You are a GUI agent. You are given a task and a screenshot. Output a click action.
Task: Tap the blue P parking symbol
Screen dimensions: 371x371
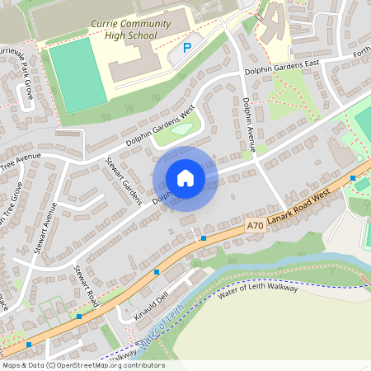click(186, 48)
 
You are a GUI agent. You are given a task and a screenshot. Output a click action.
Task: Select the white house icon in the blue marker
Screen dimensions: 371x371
click(185, 178)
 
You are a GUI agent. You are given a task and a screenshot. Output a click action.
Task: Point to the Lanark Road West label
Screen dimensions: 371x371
click(299, 204)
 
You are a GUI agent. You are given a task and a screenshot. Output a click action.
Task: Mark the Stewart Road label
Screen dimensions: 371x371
click(86, 285)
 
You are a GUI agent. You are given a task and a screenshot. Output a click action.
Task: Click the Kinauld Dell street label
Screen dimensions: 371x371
click(153, 306)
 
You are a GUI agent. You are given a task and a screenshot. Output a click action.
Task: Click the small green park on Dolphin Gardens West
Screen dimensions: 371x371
click(180, 130)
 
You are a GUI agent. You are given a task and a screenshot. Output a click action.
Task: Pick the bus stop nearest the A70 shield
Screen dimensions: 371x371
click(204, 238)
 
